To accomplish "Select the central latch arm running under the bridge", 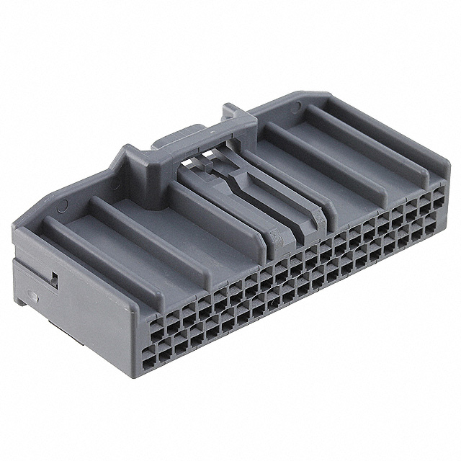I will (x=230, y=184).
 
